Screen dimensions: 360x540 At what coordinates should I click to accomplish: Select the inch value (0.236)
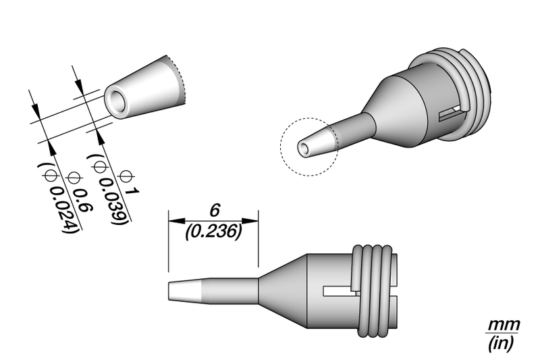[213, 232]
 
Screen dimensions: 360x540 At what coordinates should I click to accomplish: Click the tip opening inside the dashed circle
[304, 149]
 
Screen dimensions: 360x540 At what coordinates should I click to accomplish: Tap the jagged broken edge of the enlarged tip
[180, 81]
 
